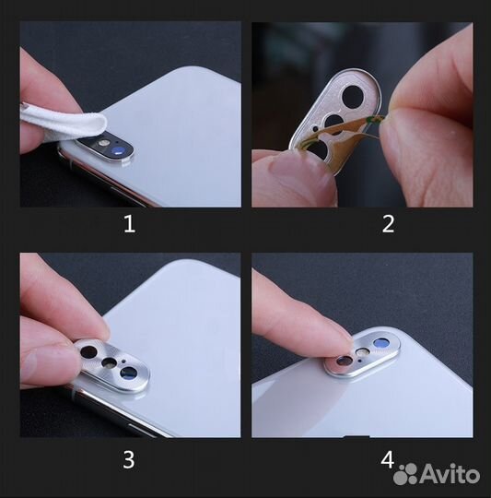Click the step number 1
click(129, 223)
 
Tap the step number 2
click(388, 223)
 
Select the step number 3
click(129, 457)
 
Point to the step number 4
click(388, 457)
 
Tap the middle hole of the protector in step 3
click(110, 362)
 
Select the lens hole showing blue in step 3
click(128, 373)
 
